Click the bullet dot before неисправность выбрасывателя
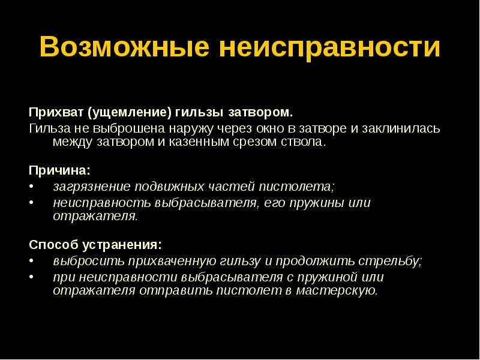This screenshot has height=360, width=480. (x=32, y=202)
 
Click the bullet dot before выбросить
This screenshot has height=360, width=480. (x=32, y=261)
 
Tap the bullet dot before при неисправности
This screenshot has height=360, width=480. (x=32, y=277)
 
